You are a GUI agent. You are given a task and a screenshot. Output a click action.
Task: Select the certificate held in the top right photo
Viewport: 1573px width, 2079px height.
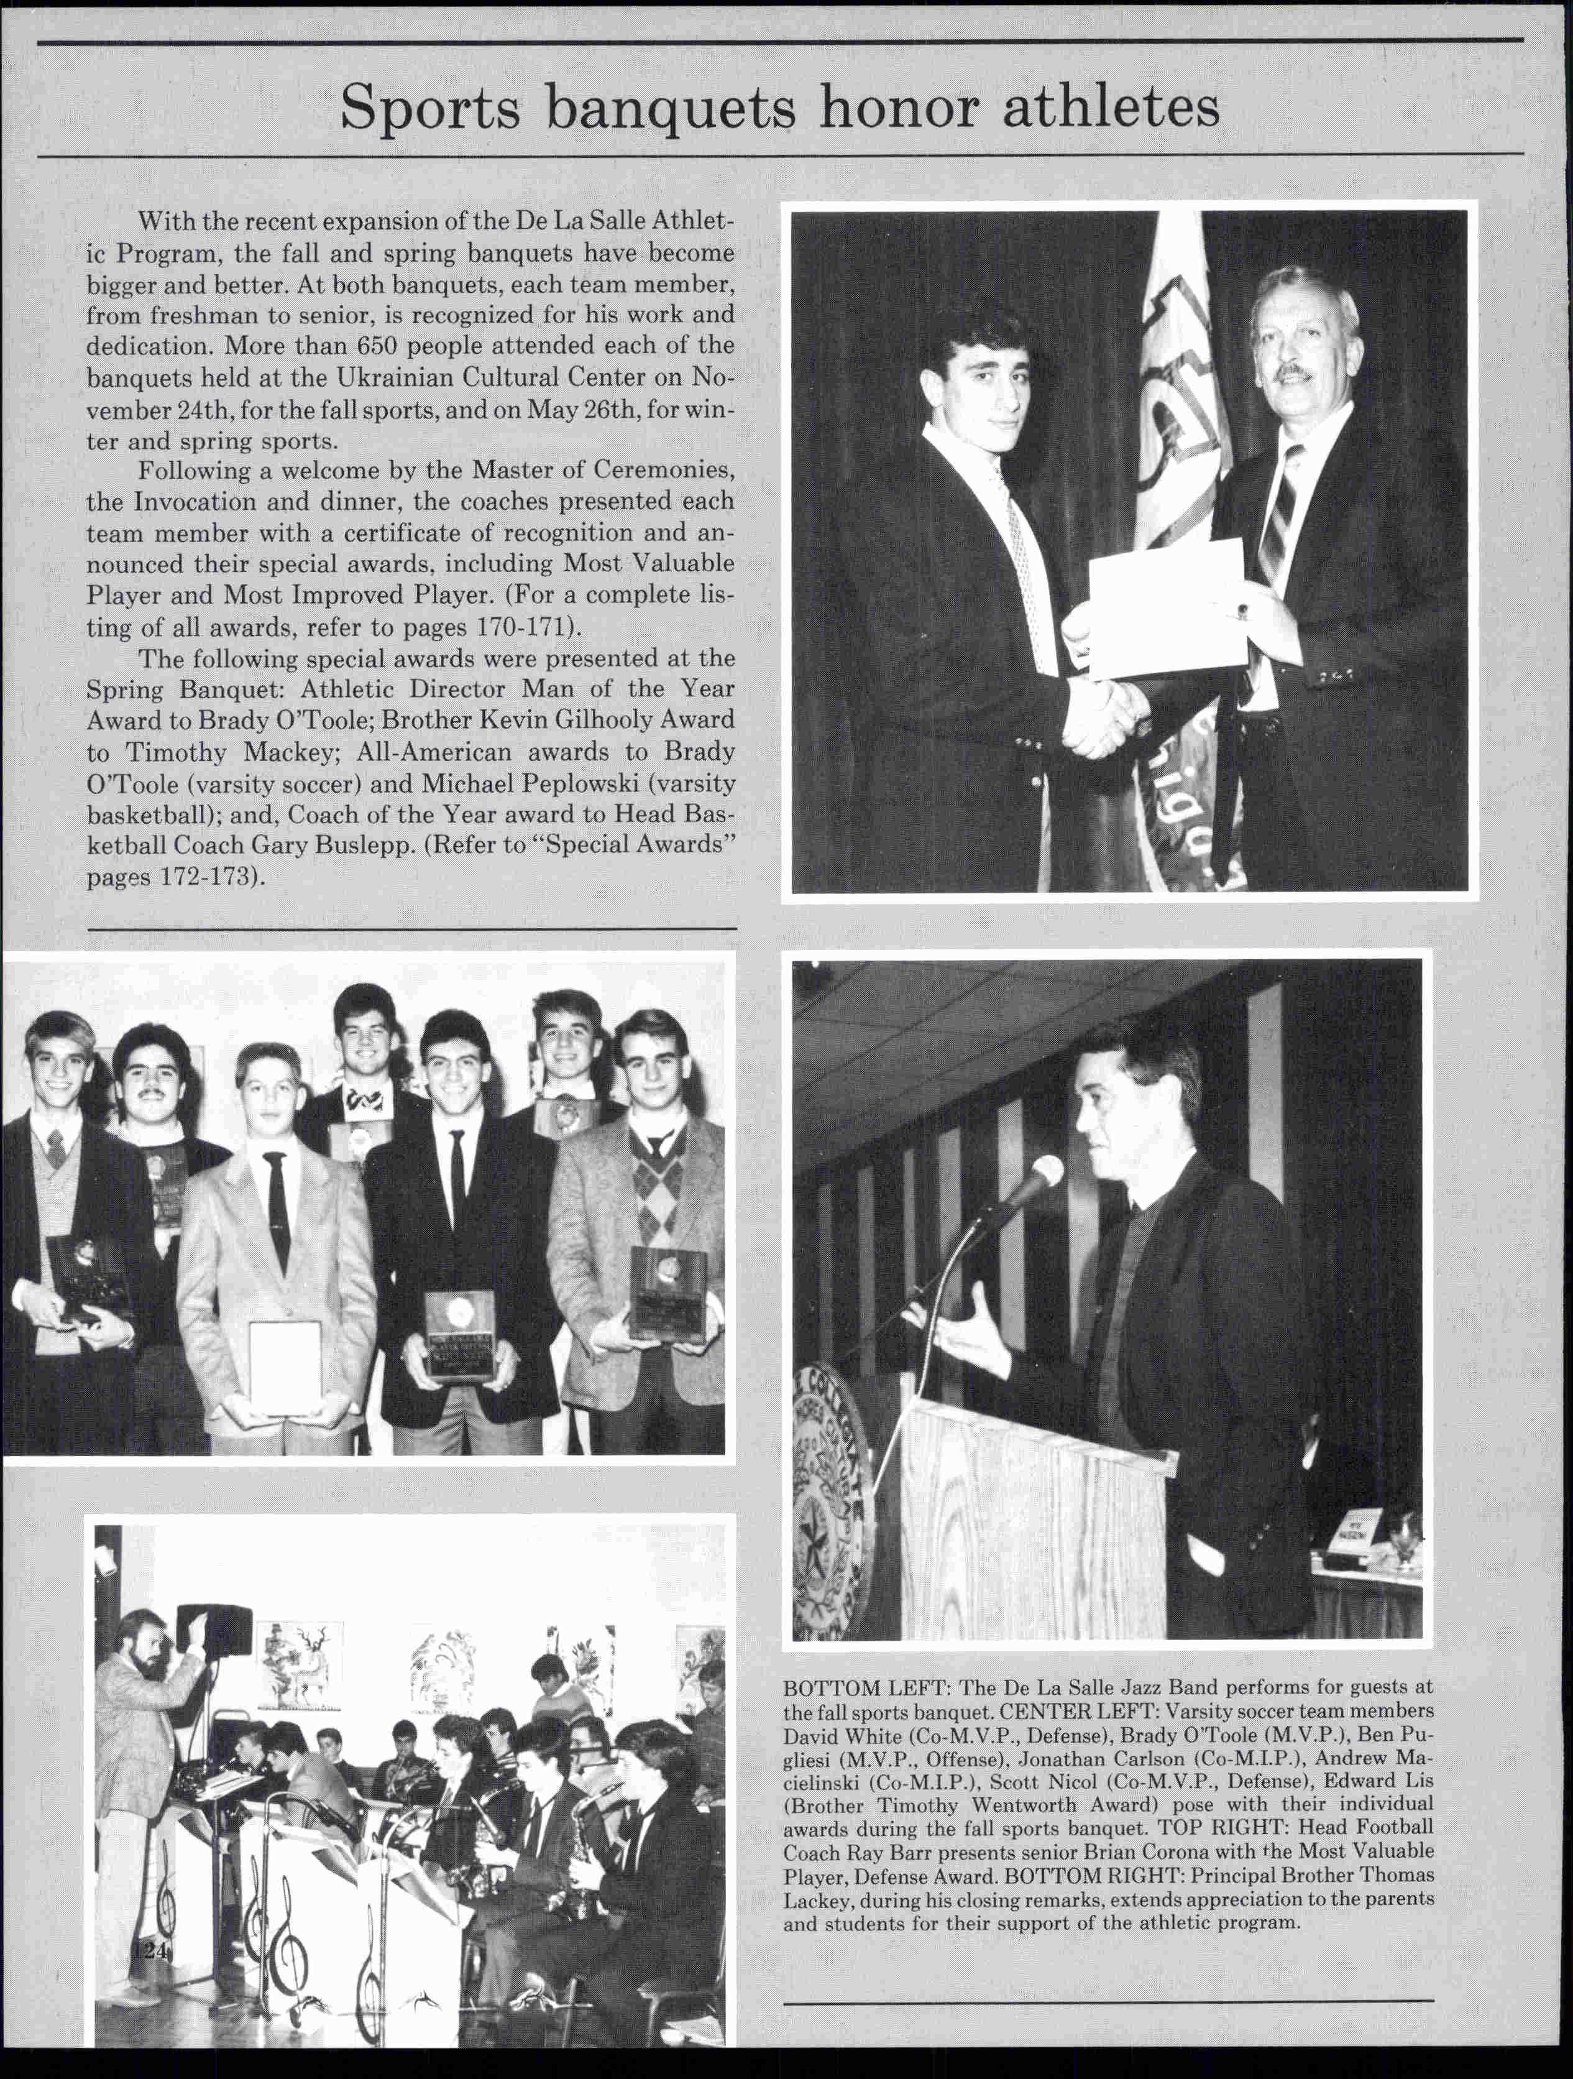[x=1168, y=606]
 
